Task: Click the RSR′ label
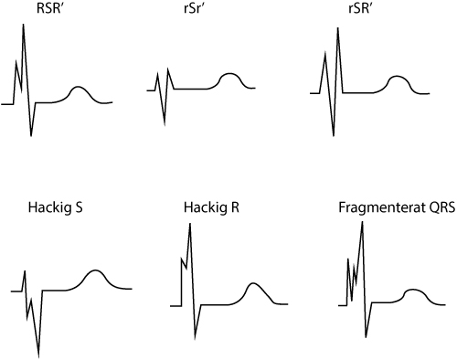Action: pyautogui.click(x=50, y=8)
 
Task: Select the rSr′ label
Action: pyautogui.click(x=194, y=8)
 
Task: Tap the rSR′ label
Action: pyautogui.click(x=359, y=8)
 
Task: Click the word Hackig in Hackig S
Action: pyautogui.click(x=48, y=207)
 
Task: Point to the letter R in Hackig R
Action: pyautogui.click(x=235, y=207)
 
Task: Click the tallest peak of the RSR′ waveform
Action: pyautogui.click(x=23, y=25)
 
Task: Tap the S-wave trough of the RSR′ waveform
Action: pyautogui.click(x=31, y=135)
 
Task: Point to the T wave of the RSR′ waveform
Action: pyautogui.click(x=79, y=87)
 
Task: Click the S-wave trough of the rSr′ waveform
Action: pyautogui.click(x=165, y=124)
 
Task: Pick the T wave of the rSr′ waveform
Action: pyautogui.click(x=230, y=74)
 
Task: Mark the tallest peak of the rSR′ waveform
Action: pyautogui.click(x=337, y=28)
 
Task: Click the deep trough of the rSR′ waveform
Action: pyautogui.click(x=334, y=135)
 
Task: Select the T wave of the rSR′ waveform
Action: pyautogui.click(x=396, y=77)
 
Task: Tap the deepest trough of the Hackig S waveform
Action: pyautogui.click(x=38, y=357)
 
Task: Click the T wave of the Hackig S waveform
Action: pyautogui.click(x=96, y=270)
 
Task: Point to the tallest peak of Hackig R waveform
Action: pyautogui.click(x=190, y=224)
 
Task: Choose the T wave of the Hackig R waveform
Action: pyautogui.click(x=252, y=283)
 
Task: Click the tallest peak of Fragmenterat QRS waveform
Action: pyautogui.click(x=362, y=222)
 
